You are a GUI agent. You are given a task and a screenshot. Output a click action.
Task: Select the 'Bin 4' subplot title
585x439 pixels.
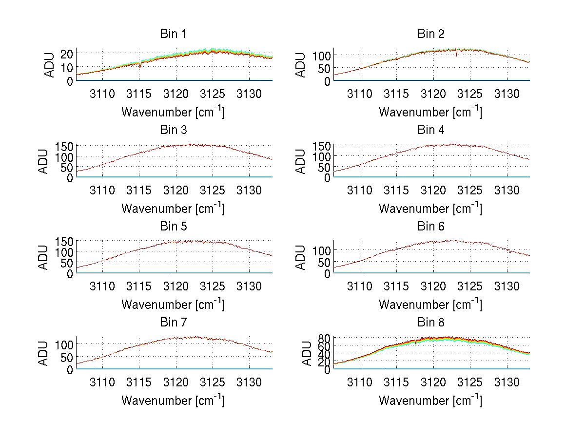[x=430, y=130]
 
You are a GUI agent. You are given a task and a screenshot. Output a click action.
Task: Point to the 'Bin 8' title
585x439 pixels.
[x=430, y=323]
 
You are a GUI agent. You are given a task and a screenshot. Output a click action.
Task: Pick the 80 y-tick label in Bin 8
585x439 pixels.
[x=325, y=338]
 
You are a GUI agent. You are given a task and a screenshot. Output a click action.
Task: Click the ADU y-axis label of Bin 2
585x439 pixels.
[x=301, y=65]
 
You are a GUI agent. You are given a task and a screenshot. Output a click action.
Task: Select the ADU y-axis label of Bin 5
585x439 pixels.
[x=44, y=258]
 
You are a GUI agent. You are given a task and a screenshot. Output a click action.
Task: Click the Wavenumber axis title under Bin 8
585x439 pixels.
[x=430, y=401]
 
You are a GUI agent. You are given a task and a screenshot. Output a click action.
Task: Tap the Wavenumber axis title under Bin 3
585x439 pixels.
[x=173, y=208]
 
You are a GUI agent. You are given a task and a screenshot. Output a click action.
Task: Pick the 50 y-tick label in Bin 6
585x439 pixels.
[x=325, y=263]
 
